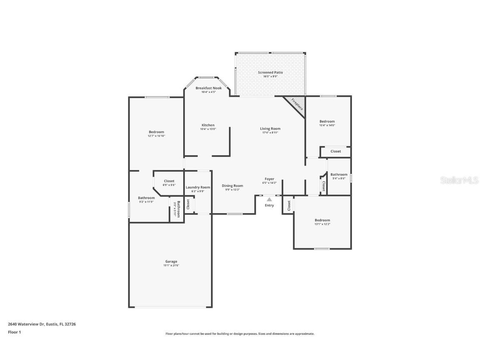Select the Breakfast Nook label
point(208,88)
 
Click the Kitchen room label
point(208,125)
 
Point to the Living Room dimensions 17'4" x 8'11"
point(270,132)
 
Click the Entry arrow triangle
point(270,200)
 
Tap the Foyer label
point(270,179)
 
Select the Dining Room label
point(232,185)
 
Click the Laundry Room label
point(198,187)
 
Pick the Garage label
point(171,261)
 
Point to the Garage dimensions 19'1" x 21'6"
point(171,265)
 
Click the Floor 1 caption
point(14,332)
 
